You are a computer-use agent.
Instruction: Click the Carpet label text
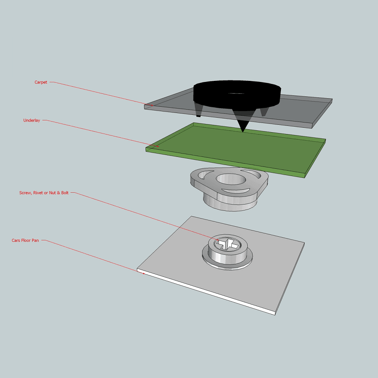click(x=41, y=82)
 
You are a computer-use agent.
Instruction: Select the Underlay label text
click(x=32, y=120)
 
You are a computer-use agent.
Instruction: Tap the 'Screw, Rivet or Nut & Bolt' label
click(x=44, y=193)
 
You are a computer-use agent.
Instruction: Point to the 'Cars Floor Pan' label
click(x=25, y=240)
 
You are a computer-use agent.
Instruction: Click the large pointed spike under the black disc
click(x=243, y=121)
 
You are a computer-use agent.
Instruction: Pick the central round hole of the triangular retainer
click(x=231, y=179)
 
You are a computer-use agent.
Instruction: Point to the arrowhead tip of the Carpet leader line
click(x=153, y=105)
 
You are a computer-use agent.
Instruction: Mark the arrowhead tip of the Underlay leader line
click(x=159, y=146)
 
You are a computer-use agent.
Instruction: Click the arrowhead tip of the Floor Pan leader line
click(x=145, y=274)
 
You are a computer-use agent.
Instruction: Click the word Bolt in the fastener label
click(x=65, y=193)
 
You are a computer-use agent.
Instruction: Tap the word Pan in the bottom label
click(x=35, y=240)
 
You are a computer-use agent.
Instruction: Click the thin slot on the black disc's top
click(x=236, y=93)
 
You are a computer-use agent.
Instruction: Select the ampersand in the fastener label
click(x=58, y=193)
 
